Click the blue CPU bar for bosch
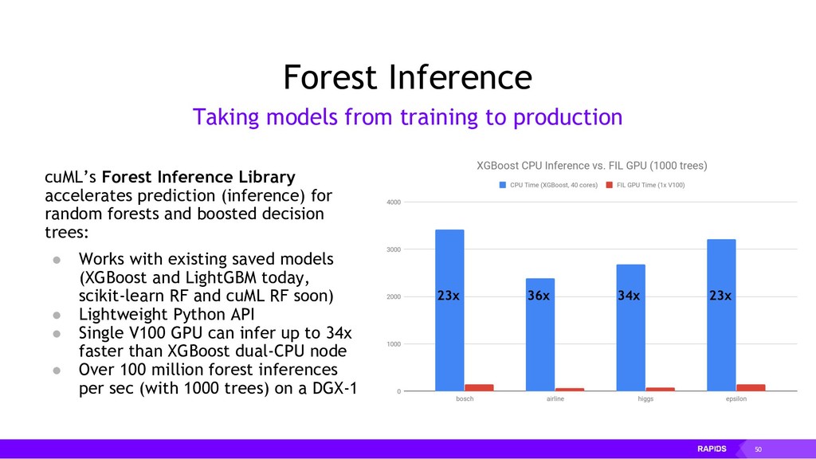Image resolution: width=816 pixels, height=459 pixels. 449,310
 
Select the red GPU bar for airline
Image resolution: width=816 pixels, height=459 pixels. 569,389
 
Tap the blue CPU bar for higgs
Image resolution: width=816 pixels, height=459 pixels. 631,328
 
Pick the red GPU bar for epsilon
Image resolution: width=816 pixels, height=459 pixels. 751,388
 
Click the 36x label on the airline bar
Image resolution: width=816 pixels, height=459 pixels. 539,296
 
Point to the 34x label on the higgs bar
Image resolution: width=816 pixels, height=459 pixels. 629,296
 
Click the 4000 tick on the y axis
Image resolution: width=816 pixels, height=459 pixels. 394,202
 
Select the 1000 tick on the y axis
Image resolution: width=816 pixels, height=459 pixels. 394,344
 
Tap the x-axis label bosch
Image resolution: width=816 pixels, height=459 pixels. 465,398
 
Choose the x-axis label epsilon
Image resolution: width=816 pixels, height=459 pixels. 736,398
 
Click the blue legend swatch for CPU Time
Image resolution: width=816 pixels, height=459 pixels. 503,185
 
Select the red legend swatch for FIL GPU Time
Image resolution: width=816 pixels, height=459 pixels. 610,185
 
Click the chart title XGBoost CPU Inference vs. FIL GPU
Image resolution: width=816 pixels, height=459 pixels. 592,166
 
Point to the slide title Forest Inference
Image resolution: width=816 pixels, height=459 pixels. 407,77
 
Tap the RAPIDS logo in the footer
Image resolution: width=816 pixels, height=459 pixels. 712,449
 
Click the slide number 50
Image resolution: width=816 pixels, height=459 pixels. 759,449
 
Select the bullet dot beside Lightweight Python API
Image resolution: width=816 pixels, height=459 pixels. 57,315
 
